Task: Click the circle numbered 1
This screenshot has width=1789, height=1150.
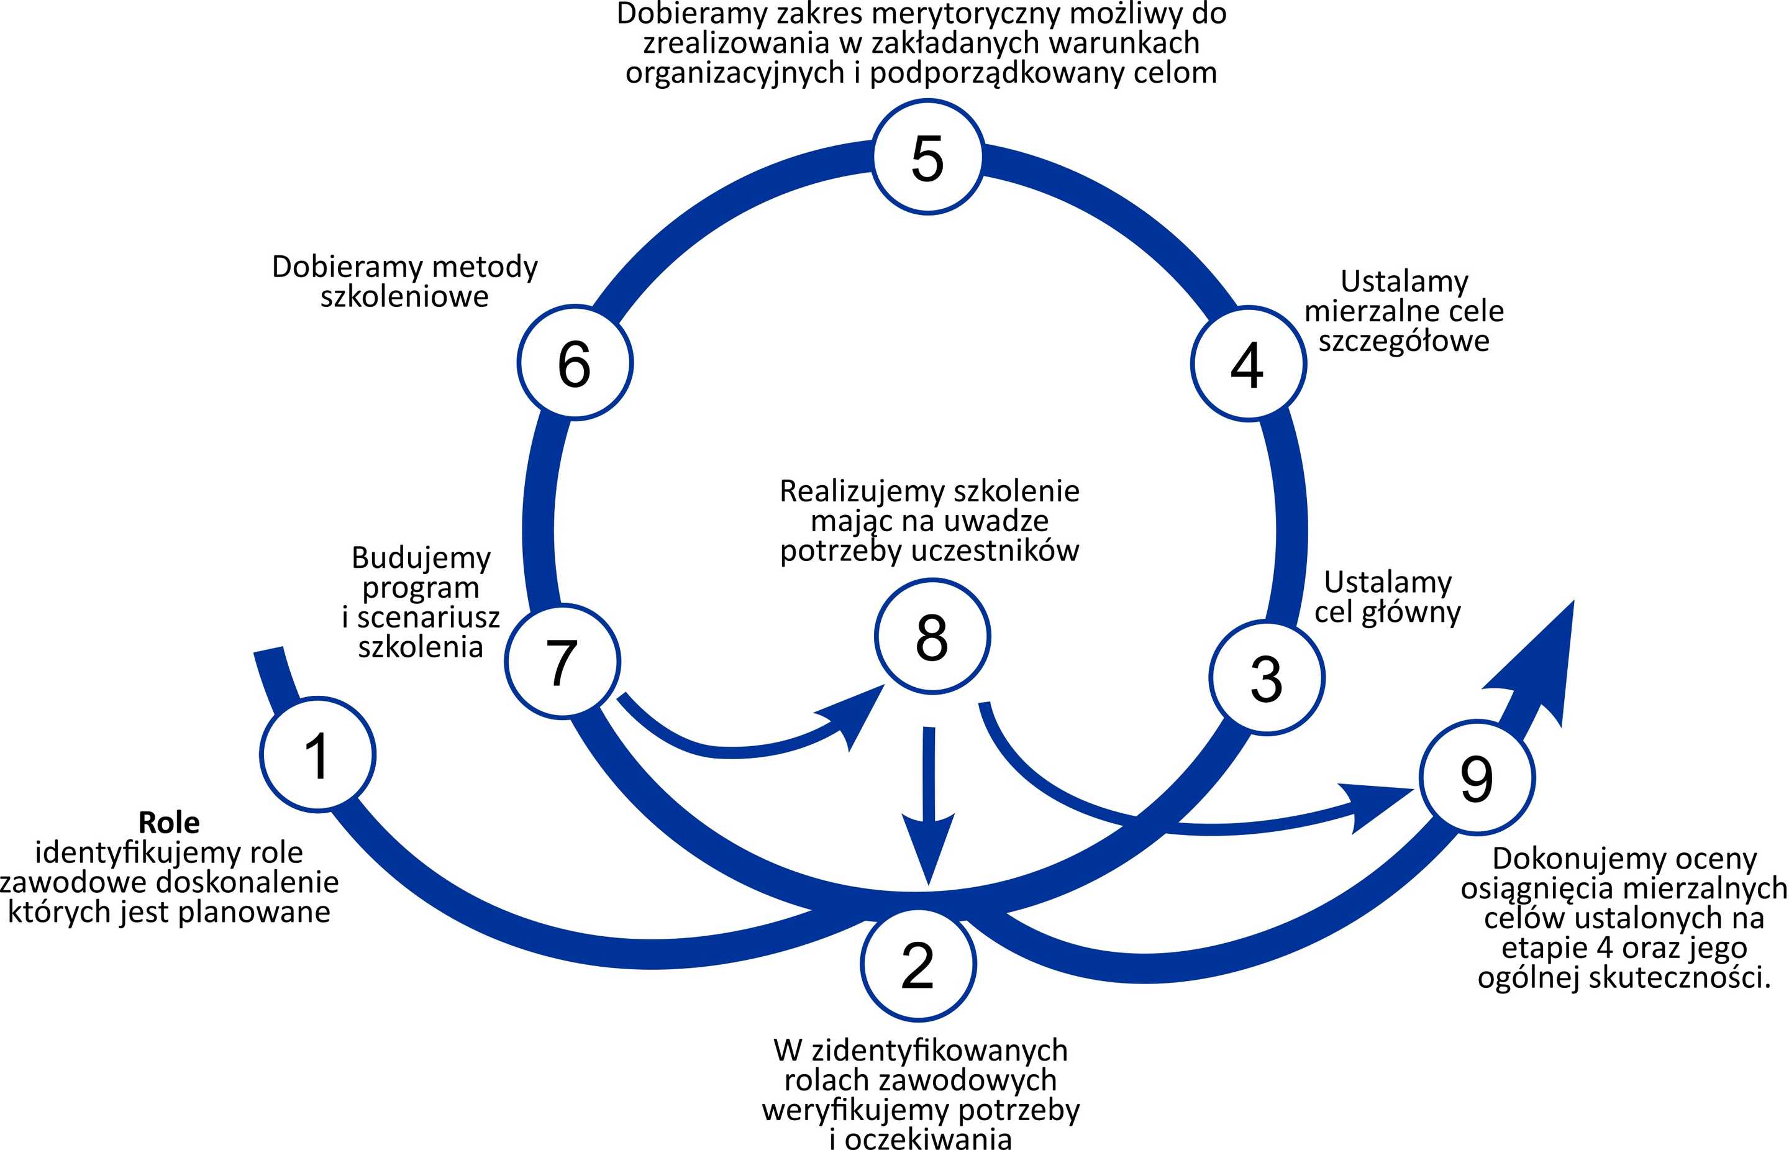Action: click(x=317, y=754)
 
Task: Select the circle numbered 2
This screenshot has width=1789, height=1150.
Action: click(x=917, y=964)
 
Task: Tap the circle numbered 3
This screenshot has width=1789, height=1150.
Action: click(x=1267, y=678)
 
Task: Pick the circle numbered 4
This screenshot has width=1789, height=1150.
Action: click(x=1248, y=363)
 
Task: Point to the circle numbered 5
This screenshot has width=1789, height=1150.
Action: click(x=927, y=158)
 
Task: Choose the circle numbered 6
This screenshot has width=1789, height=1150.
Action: click(x=575, y=363)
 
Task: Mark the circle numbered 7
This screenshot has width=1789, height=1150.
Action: click(x=562, y=662)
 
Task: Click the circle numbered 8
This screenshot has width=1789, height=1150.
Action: click(x=932, y=637)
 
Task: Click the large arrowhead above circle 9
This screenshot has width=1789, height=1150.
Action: click(x=1538, y=665)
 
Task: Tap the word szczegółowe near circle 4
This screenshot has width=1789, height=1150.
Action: click(x=1404, y=341)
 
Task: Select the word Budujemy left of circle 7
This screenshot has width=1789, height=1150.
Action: click(x=421, y=558)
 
